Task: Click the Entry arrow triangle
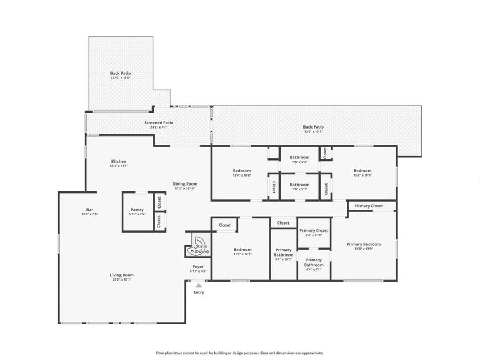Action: pyautogui.click(x=198, y=286)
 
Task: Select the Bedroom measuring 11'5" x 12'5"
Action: pyautogui.click(x=242, y=251)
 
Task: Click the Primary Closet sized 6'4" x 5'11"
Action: pyautogui.click(x=314, y=233)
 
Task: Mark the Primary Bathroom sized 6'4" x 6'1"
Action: pyautogui.click(x=314, y=262)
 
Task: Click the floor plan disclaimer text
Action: pyautogui.click(x=239, y=353)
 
